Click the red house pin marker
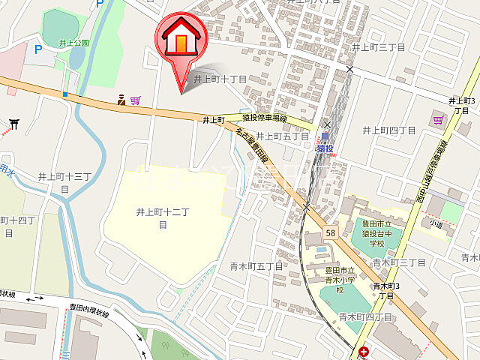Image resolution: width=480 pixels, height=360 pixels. (180, 41)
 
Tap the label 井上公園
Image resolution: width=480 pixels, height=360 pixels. (73, 43)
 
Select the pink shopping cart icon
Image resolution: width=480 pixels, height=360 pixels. (135, 100)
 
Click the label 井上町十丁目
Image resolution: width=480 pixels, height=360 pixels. (220, 79)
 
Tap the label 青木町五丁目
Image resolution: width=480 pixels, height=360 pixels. (256, 265)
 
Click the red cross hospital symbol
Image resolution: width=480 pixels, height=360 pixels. (364, 351)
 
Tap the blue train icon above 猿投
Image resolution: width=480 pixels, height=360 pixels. (325, 137)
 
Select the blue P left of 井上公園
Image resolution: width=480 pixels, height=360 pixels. (37, 49)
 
